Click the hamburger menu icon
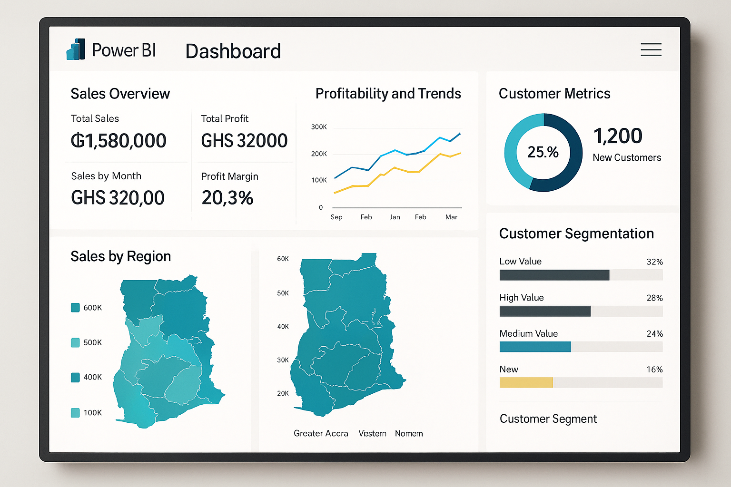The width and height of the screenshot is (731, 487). [x=651, y=49]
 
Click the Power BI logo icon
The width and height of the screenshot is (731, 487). [x=76, y=49]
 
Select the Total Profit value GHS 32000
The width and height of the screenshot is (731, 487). [x=244, y=141]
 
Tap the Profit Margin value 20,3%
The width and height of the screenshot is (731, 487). [x=227, y=198]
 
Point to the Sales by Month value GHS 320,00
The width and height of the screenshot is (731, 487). [x=118, y=198]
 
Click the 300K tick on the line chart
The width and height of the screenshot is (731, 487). [x=319, y=127]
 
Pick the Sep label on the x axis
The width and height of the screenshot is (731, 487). [x=336, y=217]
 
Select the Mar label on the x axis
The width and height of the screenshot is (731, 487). [x=451, y=217]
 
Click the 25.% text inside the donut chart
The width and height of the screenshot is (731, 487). [x=543, y=152]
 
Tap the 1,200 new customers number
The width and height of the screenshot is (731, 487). [x=618, y=136]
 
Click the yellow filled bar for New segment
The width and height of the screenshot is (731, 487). [x=526, y=382]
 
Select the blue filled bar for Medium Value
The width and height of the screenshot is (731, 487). [x=535, y=347]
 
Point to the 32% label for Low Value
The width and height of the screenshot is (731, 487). [x=654, y=262]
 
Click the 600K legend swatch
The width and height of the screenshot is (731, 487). [x=75, y=308]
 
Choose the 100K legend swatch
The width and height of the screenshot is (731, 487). [x=75, y=413]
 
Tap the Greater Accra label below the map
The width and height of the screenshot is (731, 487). [x=321, y=433]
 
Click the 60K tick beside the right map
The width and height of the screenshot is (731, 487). [x=283, y=259]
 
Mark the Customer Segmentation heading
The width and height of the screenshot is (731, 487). [x=576, y=234]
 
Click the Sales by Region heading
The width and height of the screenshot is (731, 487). [x=120, y=256]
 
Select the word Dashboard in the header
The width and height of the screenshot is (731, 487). [x=233, y=51]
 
